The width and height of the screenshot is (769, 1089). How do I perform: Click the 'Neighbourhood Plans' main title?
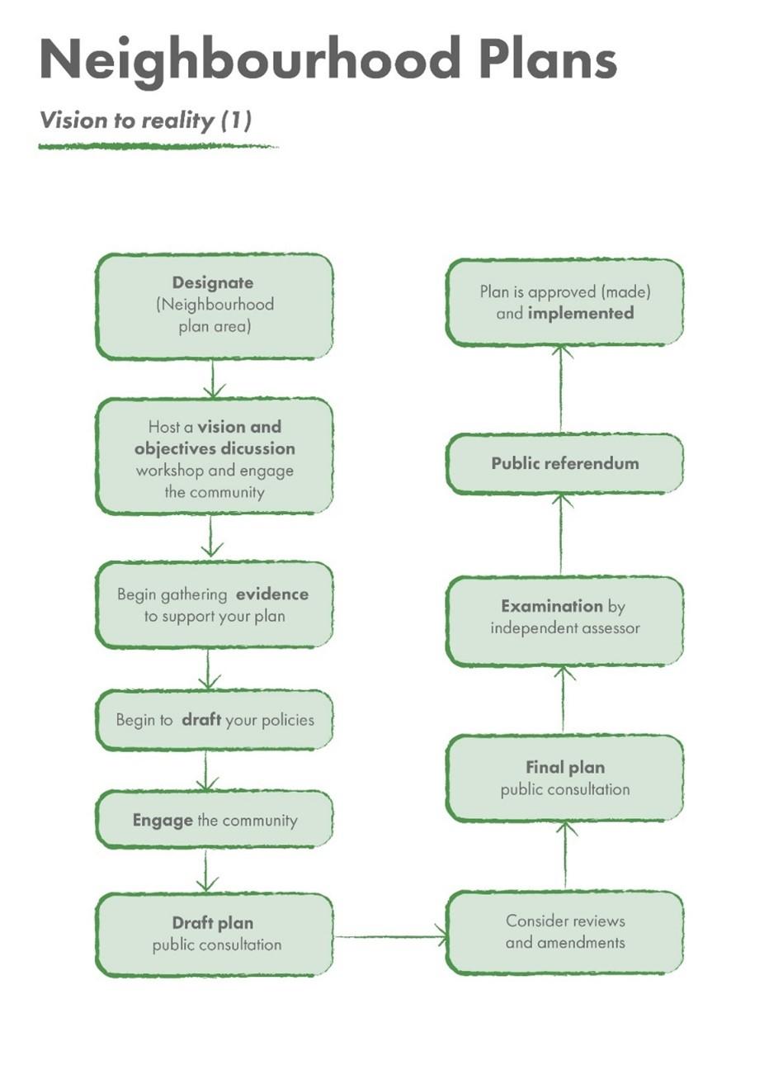pos(328,60)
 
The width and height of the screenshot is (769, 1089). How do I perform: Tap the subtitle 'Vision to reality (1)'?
pos(145,121)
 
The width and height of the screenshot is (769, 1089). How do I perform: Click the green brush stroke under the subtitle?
pos(157,147)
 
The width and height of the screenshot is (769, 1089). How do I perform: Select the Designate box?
pos(215,306)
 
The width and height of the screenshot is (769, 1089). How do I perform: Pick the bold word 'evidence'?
pos(271,594)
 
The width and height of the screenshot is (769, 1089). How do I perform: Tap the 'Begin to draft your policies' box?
pos(215,720)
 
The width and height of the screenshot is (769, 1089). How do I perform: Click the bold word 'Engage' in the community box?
pos(163,821)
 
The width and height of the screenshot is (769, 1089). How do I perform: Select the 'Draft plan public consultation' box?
pos(215,934)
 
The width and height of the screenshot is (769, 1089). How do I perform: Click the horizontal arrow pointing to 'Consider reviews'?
pos(390,936)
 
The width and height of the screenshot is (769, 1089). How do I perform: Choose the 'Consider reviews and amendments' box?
pos(564,932)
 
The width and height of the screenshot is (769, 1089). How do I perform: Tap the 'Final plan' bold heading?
pos(564,768)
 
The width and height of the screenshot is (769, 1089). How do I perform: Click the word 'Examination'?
pos(551,606)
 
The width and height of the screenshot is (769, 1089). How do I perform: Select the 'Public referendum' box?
pos(564,464)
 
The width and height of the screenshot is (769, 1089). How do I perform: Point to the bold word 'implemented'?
pos(581,314)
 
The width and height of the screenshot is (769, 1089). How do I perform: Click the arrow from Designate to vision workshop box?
pos(213,379)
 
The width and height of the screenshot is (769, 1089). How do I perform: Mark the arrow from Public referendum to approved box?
pos(562,388)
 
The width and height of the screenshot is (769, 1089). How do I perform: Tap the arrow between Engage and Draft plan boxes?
pos(207,870)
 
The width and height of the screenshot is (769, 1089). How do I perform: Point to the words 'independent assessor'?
pos(564,628)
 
